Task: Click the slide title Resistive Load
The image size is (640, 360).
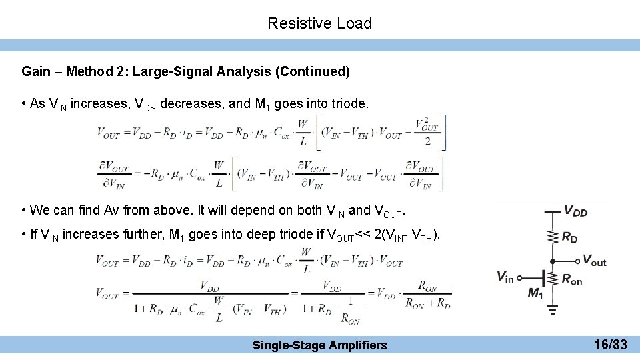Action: pyautogui.click(x=319, y=23)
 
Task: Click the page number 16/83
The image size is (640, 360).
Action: pyautogui.click(x=610, y=344)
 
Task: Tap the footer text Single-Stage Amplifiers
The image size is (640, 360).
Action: pyautogui.click(x=319, y=345)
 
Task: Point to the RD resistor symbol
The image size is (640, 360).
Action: pyautogui.click(x=553, y=236)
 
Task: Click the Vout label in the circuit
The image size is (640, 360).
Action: pyautogui.click(x=594, y=261)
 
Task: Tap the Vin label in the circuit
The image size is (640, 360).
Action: pyautogui.click(x=505, y=277)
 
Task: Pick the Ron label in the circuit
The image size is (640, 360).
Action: pyautogui.click(x=571, y=280)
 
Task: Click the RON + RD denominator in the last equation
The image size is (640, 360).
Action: pyautogui.click(x=427, y=301)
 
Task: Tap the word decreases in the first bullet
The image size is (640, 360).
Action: pyautogui.click(x=188, y=104)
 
